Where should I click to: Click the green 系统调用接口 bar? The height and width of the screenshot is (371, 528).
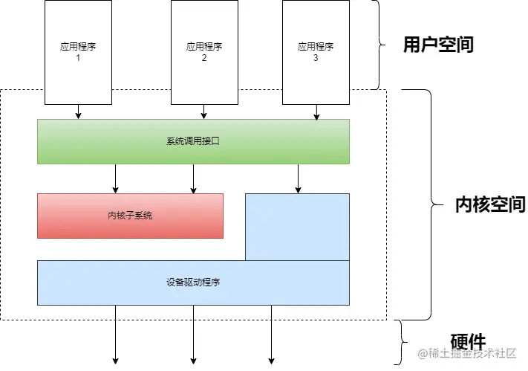[x=193, y=141]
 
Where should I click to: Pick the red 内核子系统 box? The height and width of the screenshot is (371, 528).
[x=130, y=216]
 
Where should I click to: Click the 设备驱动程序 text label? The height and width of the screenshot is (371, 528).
[x=193, y=283]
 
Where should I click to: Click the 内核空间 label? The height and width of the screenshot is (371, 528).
[x=489, y=204]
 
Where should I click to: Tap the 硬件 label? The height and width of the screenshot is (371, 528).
[x=469, y=342]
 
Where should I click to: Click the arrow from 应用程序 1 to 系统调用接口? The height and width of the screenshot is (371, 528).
[x=78, y=111]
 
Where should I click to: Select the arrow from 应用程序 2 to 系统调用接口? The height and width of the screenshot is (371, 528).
[x=203, y=111]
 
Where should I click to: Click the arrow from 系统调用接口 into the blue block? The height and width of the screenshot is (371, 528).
[x=298, y=178]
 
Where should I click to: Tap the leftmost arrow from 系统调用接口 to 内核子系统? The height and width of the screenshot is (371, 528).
[x=115, y=178]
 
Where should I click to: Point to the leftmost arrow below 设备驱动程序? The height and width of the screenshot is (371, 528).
[x=115, y=335]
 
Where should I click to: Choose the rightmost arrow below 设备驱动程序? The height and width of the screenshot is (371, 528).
[x=271, y=335]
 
